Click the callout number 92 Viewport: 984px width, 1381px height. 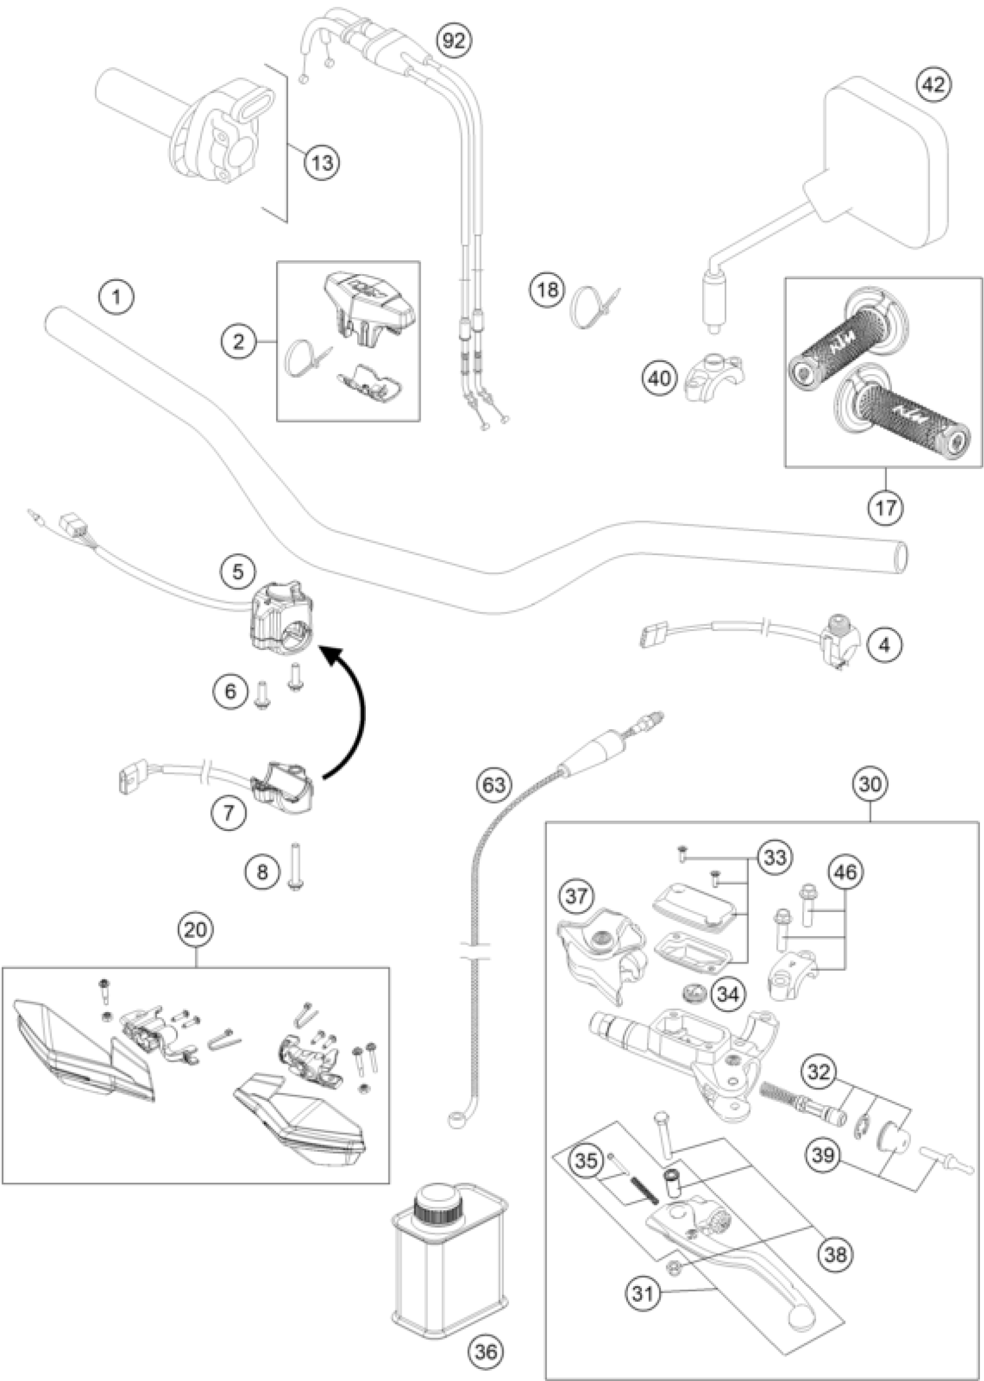tap(454, 41)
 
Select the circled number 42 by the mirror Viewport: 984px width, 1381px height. tap(934, 85)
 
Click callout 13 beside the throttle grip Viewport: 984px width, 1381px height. tap(322, 163)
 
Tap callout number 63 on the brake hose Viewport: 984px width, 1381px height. tap(493, 785)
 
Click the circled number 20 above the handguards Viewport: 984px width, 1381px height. tap(196, 930)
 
